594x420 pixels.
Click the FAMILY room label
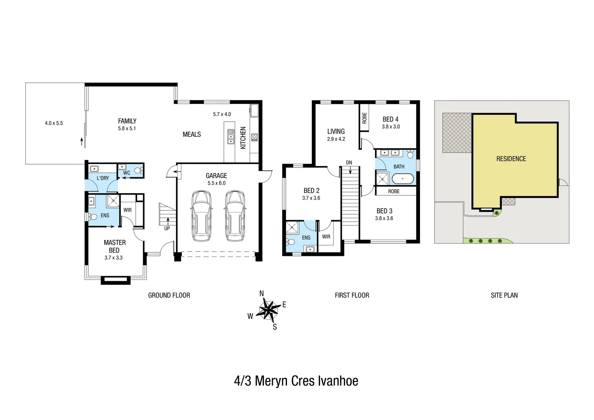pyautogui.click(x=127, y=121)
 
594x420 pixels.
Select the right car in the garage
pyautogui.click(x=235, y=216)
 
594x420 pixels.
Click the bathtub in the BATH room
pyautogui.click(x=402, y=179)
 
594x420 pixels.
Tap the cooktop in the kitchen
pyautogui.click(x=255, y=137)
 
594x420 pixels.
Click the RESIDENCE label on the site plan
pyautogui.click(x=511, y=159)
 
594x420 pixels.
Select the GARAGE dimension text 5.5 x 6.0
pyautogui.click(x=217, y=183)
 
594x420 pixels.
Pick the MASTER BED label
pyautogui.click(x=114, y=246)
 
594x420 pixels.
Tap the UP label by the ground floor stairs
pyautogui.click(x=167, y=228)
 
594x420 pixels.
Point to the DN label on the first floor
pyautogui.click(x=349, y=163)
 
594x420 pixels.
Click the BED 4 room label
pyautogui.click(x=390, y=119)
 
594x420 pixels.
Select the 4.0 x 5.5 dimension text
pyautogui.click(x=54, y=123)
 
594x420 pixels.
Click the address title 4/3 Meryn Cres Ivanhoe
pyautogui.click(x=296, y=381)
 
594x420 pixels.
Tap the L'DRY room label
pyautogui.click(x=103, y=178)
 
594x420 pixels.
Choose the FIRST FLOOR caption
pyautogui.click(x=352, y=295)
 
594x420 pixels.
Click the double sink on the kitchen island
pyautogui.click(x=231, y=136)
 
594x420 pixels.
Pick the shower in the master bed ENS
pyautogui.click(x=113, y=200)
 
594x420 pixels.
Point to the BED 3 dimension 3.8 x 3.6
pyautogui.click(x=384, y=219)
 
